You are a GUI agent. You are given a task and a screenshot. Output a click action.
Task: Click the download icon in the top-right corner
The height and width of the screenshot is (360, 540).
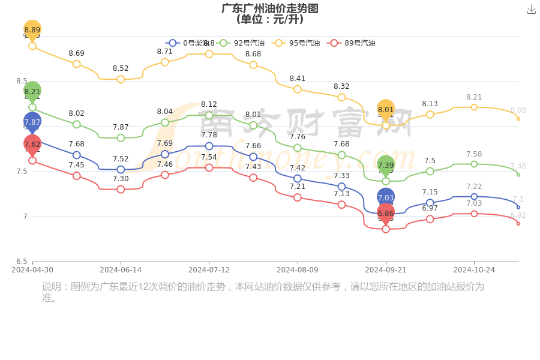click(531, 9)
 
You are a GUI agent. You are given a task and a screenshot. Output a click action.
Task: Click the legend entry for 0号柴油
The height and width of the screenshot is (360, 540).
click(187, 43)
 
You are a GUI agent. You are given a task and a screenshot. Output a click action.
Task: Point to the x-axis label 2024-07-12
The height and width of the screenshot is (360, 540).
click(209, 270)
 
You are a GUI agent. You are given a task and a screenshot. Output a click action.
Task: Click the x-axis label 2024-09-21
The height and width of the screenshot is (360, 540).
click(386, 270)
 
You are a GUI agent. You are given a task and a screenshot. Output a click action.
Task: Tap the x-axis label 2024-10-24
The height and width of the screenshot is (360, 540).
click(474, 270)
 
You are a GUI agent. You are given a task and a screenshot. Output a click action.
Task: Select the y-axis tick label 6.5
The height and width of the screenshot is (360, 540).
click(21, 262)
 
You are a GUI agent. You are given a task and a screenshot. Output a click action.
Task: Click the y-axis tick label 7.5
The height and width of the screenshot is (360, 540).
click(21, 172)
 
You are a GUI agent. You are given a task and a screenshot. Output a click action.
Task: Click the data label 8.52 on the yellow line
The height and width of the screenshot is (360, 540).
click(121, 68)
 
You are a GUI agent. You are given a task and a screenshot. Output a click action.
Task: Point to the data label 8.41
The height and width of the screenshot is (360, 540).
click(298, 79)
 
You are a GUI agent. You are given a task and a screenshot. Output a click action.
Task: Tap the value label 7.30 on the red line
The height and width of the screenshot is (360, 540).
click(121, 179)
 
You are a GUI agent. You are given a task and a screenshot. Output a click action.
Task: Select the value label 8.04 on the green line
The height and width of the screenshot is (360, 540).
click(165, 112)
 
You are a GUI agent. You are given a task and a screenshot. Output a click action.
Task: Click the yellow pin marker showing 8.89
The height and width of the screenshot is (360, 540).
click(32, 30)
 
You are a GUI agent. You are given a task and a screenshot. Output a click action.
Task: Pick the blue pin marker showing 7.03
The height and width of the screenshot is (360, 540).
click(386, 197)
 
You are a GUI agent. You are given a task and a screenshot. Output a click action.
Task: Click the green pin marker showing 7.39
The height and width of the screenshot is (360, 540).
click(386, 165)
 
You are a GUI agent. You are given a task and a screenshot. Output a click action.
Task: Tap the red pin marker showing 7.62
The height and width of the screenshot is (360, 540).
click(32, 145)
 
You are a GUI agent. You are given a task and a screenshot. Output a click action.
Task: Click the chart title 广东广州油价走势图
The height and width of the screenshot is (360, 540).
click(270, 8)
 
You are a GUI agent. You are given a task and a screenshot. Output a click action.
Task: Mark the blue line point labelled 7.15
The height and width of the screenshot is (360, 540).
click(430, 203)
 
